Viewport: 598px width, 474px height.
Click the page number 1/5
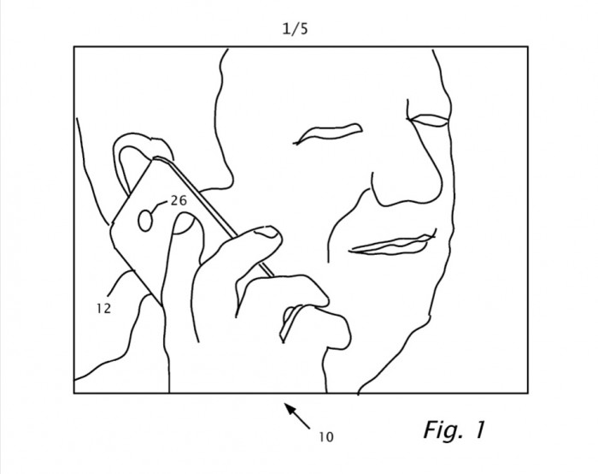click(x=295, y=29)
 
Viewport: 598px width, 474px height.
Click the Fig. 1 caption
click(x=454, y=430)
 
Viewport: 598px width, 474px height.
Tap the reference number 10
click(x=326, y=437)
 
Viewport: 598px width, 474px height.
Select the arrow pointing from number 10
click(x=298, y=417)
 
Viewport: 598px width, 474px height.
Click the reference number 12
click(x=103, y=308)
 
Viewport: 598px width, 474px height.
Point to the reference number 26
click(x=179, y=200)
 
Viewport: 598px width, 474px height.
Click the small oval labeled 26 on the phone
click(x=145, y=221)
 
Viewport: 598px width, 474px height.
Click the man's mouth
click(x=392, y=245)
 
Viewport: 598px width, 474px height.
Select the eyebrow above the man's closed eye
click(x=328, y=132)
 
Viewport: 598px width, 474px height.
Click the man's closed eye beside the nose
click(x=429, y=121)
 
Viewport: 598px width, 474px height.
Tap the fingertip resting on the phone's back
click(x=186, y=223)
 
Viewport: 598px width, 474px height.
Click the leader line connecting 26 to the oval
click(x=160, y=206)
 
